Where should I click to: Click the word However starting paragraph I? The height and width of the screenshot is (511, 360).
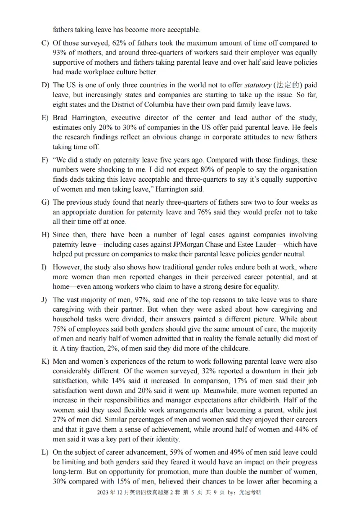click(x=67, y=267)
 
